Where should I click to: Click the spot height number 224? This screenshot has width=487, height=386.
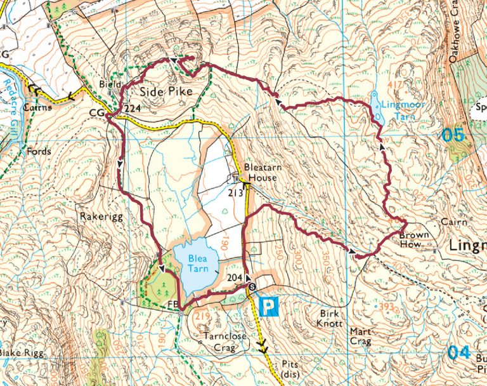(x=133, y=109)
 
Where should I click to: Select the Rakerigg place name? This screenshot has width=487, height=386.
(x=97, y=216)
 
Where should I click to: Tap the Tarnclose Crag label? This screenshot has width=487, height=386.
(x=216, y=342)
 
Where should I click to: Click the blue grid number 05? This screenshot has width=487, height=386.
(x=453, y=135)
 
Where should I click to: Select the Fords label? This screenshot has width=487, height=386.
(x=39, y=152)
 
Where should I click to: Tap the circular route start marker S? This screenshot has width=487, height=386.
(x=252, y=286)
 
